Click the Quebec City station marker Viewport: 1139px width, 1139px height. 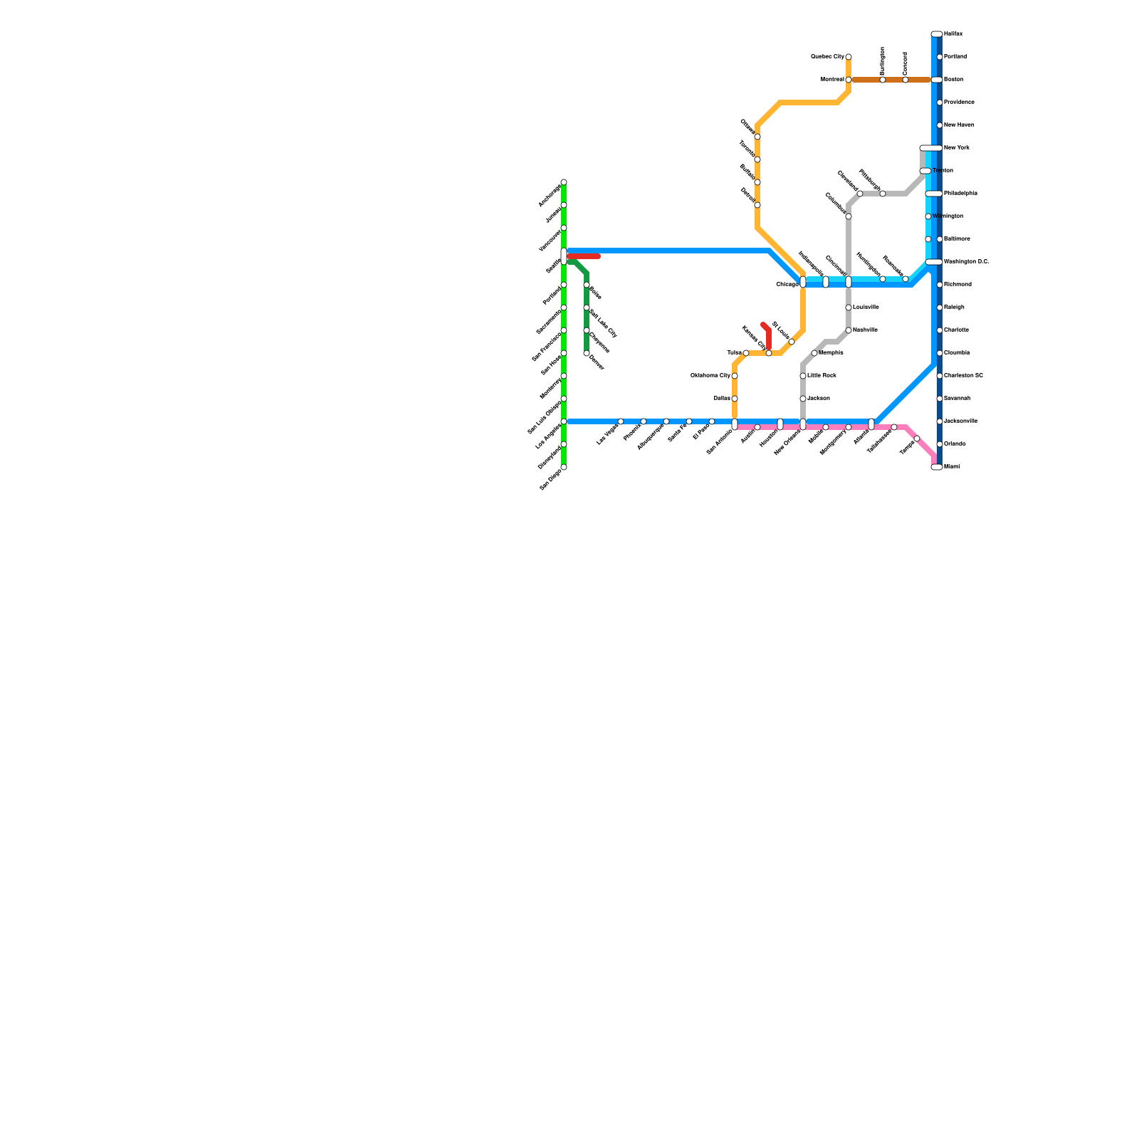point(849,57)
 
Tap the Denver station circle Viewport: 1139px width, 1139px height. point(587,353)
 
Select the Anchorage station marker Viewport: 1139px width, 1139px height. point(564,182)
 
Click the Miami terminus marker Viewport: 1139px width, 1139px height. point(937,467)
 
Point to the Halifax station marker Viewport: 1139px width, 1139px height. point(937,34)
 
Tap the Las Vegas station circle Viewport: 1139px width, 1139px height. point(621,421)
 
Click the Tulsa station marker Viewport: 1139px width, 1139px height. point(746,353)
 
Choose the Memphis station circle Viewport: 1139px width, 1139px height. point(814,353)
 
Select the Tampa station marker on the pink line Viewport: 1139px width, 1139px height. point(917,439)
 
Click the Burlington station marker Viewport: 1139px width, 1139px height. point(883,80)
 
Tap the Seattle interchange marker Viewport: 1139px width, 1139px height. point(564,256)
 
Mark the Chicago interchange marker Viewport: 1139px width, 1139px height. point(803,282)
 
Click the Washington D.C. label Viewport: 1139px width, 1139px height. point(966,262)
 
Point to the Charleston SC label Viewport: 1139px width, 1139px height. point(963,376)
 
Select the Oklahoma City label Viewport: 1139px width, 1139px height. point(710,376)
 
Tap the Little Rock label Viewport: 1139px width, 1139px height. point(822,376)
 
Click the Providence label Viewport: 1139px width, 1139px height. point(959,103)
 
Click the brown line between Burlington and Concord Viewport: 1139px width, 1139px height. point(894,80)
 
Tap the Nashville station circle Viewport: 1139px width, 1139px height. point(849,330)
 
